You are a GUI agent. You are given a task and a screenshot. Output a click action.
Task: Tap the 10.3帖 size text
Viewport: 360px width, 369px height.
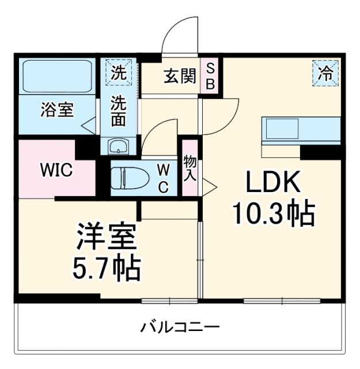[273, 214]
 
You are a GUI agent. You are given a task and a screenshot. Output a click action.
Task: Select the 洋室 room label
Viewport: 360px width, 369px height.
[107, 237]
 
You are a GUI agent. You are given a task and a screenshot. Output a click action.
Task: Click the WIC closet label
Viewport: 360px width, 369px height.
[55, 171]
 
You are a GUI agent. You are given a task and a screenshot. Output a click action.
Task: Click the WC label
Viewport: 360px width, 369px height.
[164, 178]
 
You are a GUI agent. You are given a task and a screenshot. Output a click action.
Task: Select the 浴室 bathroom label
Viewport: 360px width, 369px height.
[56, 110]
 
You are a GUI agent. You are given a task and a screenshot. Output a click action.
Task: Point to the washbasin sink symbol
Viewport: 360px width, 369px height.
[119, 146]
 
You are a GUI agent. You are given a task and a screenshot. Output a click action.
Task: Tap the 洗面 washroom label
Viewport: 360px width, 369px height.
[119, 111]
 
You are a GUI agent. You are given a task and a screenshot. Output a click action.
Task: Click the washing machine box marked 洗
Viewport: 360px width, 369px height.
[119, 73]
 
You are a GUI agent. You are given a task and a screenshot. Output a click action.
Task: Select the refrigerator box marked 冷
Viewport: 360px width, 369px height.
[326, 73]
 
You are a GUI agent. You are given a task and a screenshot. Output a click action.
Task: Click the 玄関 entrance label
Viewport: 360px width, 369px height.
[179, 76]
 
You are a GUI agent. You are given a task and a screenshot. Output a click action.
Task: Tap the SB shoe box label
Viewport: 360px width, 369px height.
[210, 76]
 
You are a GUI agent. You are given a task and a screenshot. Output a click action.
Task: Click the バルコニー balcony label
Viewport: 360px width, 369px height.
[181, 328]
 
